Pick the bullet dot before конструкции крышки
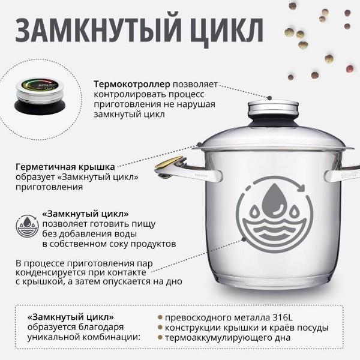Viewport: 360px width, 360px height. [160, 328]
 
